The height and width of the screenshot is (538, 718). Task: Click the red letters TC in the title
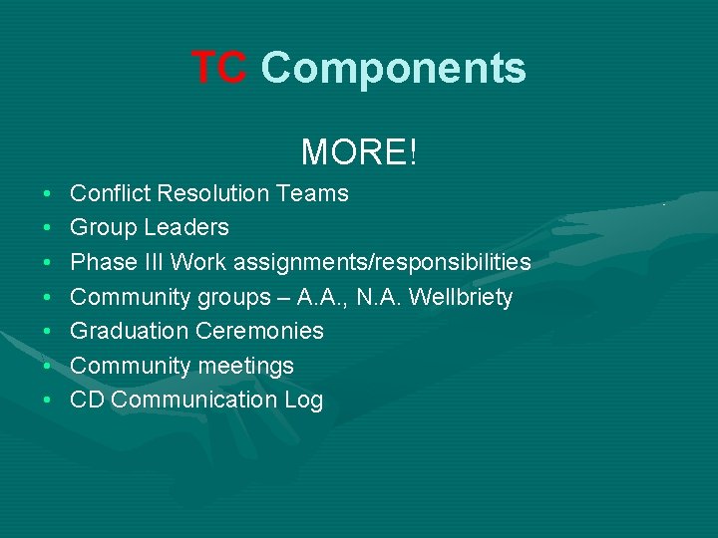tap(218, 68)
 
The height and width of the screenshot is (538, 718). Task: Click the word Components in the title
tap(393, 68)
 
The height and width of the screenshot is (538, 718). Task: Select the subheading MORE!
tap(359, 152)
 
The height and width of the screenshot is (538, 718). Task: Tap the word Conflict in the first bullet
tap(105, 193)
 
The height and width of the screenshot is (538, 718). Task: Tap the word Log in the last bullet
tap(303, 400)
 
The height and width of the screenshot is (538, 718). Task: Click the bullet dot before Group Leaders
tap(49, 228)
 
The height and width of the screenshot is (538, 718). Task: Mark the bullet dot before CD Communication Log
tap(49, 401)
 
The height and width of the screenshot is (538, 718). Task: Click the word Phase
tap(101, 262)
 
